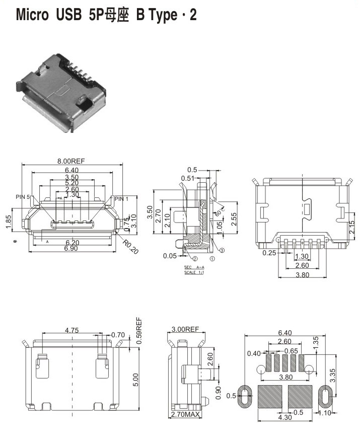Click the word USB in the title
67,15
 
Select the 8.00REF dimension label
71,161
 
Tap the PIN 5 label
23,197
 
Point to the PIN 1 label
122,199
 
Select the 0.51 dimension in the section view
188,178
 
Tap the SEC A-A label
194,267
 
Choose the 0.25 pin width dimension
269,253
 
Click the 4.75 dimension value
74,331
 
